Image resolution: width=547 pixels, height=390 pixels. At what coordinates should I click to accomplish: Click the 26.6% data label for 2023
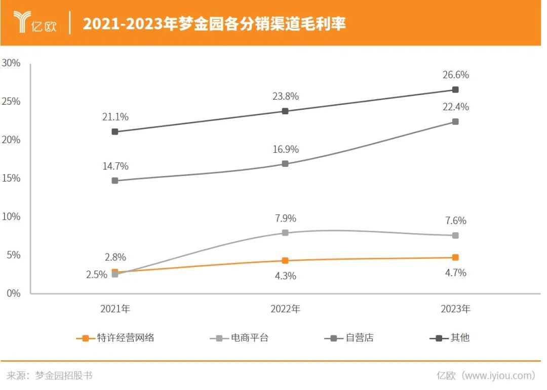point(455,75)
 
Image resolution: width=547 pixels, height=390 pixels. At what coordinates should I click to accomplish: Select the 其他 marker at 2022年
point(285,111)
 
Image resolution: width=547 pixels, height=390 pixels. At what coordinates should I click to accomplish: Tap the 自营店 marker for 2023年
point(455,121)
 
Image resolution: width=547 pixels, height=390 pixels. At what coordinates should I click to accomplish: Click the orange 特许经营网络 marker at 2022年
point(285,261)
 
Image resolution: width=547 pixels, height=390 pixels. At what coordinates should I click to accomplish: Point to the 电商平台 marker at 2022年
point(285,233)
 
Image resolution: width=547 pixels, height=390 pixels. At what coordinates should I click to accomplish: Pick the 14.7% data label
point(115,166)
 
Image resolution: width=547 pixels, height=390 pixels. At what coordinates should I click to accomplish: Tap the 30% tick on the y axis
point(11,63)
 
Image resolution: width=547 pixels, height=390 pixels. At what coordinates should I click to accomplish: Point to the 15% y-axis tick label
point(11,178)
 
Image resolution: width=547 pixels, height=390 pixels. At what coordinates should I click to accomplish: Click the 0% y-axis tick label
point(13,293)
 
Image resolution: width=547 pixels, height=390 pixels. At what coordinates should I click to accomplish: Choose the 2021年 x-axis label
point(115,309)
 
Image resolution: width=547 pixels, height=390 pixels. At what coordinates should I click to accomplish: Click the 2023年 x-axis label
point(455,309)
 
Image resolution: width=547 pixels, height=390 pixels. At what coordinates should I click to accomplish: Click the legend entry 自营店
point(349,338)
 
